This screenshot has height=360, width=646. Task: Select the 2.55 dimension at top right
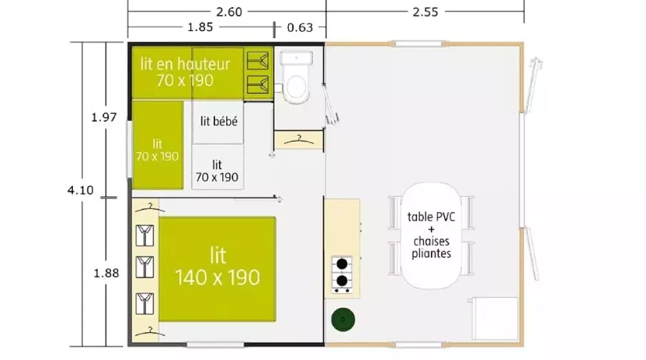click(x=424, y=10)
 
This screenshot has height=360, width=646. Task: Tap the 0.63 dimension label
click(x=300, y=27)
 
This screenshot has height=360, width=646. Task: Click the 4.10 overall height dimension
click(x=81, y=189)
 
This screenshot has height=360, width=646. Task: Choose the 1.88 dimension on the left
click(x=107, y=273)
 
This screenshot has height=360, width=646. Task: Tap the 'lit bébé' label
click(x=218, y=122)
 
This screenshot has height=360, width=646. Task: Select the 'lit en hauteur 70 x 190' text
click(x=185, y=72)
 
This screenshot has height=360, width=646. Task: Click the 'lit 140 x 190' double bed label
click(x=218, y=266)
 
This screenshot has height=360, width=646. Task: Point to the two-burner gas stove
click(x=341, y=273)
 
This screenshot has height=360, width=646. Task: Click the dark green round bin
click(x=342, y=319)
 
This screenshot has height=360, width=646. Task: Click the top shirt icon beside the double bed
click(x=145, y=234)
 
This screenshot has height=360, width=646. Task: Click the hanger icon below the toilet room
click(x=298, y=138)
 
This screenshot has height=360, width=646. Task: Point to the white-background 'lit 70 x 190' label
click(x=217, y=171)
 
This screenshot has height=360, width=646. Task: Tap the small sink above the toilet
click(x=297, y=59)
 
